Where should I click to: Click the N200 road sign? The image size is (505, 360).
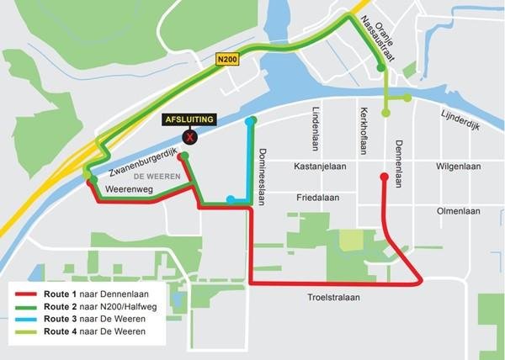pos(228,60)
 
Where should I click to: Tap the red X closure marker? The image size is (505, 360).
pos(191,136)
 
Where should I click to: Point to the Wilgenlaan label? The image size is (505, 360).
pos(458,167)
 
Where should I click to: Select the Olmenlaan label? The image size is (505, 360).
pos(458,211)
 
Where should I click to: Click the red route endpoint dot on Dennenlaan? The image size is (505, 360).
pos(385,177)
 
